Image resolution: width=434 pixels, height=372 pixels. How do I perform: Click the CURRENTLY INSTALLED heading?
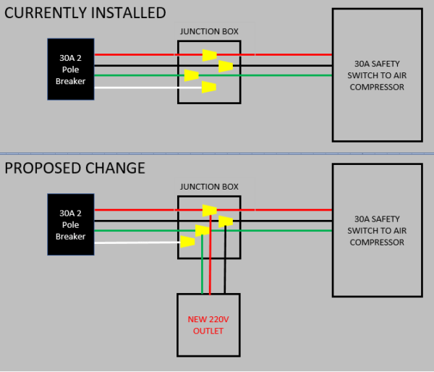click(x=85, y=13)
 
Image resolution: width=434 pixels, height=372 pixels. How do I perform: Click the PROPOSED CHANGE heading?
click(x=75, y=168)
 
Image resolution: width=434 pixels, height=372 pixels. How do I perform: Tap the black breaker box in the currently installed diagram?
click(x=71, y=69)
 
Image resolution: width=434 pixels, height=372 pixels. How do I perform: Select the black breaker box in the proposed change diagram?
click(x=71, y=224)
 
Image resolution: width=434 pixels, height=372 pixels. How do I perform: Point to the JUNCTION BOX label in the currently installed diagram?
click(x=208, y=31)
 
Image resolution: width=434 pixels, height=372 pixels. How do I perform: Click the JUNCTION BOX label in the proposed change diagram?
click(x=208, y=187)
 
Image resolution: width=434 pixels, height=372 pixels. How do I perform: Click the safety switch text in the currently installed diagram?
click(x=376, y=75)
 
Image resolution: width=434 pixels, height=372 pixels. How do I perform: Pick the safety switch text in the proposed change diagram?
click(x=376, y=230)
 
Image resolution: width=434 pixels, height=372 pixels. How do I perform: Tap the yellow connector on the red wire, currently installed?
click(x=209, y=54)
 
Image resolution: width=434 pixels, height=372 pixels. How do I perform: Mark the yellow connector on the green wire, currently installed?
click(x=191, y=75)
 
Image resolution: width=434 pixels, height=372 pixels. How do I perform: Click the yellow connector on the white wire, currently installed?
click(x=209, y=88)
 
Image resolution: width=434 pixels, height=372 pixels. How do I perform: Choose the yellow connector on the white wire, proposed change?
click(x=187, y=242)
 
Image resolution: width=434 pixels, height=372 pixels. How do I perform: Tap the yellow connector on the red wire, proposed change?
click(x=209, y=211)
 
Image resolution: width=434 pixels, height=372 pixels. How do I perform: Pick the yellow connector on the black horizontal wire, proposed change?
click(x=226, y=221)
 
